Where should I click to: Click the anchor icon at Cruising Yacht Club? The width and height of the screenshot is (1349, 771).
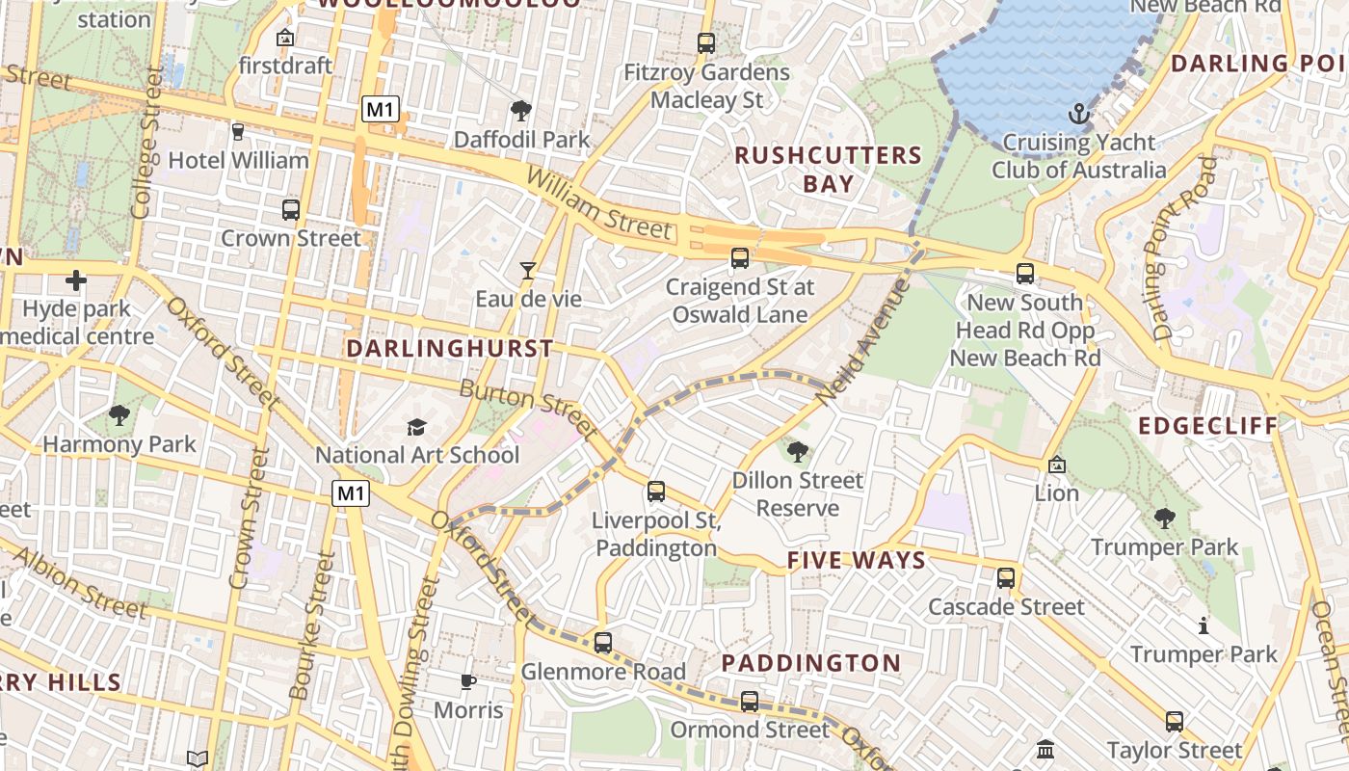tap(1078, 115)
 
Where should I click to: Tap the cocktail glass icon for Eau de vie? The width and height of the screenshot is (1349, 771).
tap(527, 271)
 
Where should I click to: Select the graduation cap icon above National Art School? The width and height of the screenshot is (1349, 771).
tap(416, 427)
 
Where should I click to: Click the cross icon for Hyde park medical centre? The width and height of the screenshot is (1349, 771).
tap(75, 280)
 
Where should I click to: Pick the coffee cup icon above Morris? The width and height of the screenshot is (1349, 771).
tap(468, 682)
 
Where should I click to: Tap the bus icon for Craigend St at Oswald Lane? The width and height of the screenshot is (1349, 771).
tap(740, 258)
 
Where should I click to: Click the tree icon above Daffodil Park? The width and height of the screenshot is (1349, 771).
tap(521, 111)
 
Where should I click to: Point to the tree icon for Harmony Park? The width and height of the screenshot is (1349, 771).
tap(119, 416)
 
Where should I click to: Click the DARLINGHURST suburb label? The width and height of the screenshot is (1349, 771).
tap(450, 348)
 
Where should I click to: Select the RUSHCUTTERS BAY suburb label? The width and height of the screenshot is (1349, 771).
tap(828, 169)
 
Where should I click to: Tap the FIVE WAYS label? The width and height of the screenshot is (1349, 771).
tap(857, 560)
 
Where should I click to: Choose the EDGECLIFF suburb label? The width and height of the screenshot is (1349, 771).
tap(1207, 425)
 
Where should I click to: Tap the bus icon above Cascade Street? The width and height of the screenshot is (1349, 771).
tap(1006, 578)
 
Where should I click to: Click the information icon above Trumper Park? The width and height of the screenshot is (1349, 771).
tap(1203, 625)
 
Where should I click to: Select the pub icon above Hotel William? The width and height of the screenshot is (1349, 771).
tap(238, 132)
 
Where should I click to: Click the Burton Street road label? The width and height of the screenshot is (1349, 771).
tap(527, 406)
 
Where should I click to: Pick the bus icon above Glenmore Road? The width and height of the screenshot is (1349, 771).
tap(603, 643)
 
